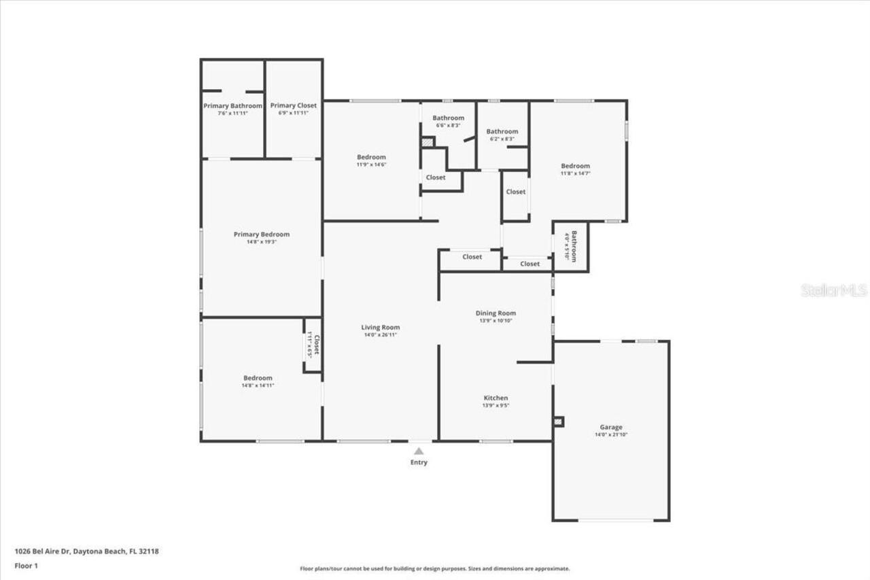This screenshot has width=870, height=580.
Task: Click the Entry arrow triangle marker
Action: (x=419, y=451)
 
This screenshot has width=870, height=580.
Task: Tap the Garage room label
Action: (x=610, y=427)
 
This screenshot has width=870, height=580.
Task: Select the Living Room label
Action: (x=380, y=327)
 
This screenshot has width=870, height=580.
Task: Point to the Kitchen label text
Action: (x=495, y=398)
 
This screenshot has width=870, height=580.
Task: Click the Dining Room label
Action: (x=495, y=313)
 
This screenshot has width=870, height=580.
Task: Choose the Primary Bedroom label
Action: (x=261, y=234)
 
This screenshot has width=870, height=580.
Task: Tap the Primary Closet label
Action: (x=293, y=105)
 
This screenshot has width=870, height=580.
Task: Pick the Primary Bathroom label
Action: (x=232, y=105)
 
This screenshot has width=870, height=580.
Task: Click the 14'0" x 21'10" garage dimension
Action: (x=610, y=434)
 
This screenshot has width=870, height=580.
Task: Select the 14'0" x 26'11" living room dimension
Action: (x=380, y=335)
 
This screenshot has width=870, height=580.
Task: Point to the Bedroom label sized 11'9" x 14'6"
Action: (x=371, y=157)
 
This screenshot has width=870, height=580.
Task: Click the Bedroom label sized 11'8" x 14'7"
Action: (x=575, y=166)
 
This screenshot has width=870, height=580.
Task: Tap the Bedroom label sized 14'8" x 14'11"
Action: (x=258, y=378)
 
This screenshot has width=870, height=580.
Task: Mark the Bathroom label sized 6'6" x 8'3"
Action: (x=448, y=118)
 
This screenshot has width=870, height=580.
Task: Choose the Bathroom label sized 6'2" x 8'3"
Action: (x=502, y=131)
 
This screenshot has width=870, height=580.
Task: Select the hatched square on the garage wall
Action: (x=558, y=422)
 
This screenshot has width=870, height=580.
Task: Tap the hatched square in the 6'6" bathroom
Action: (x=427, y=142)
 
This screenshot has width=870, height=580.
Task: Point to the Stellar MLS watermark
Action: (x=834, y=290)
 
